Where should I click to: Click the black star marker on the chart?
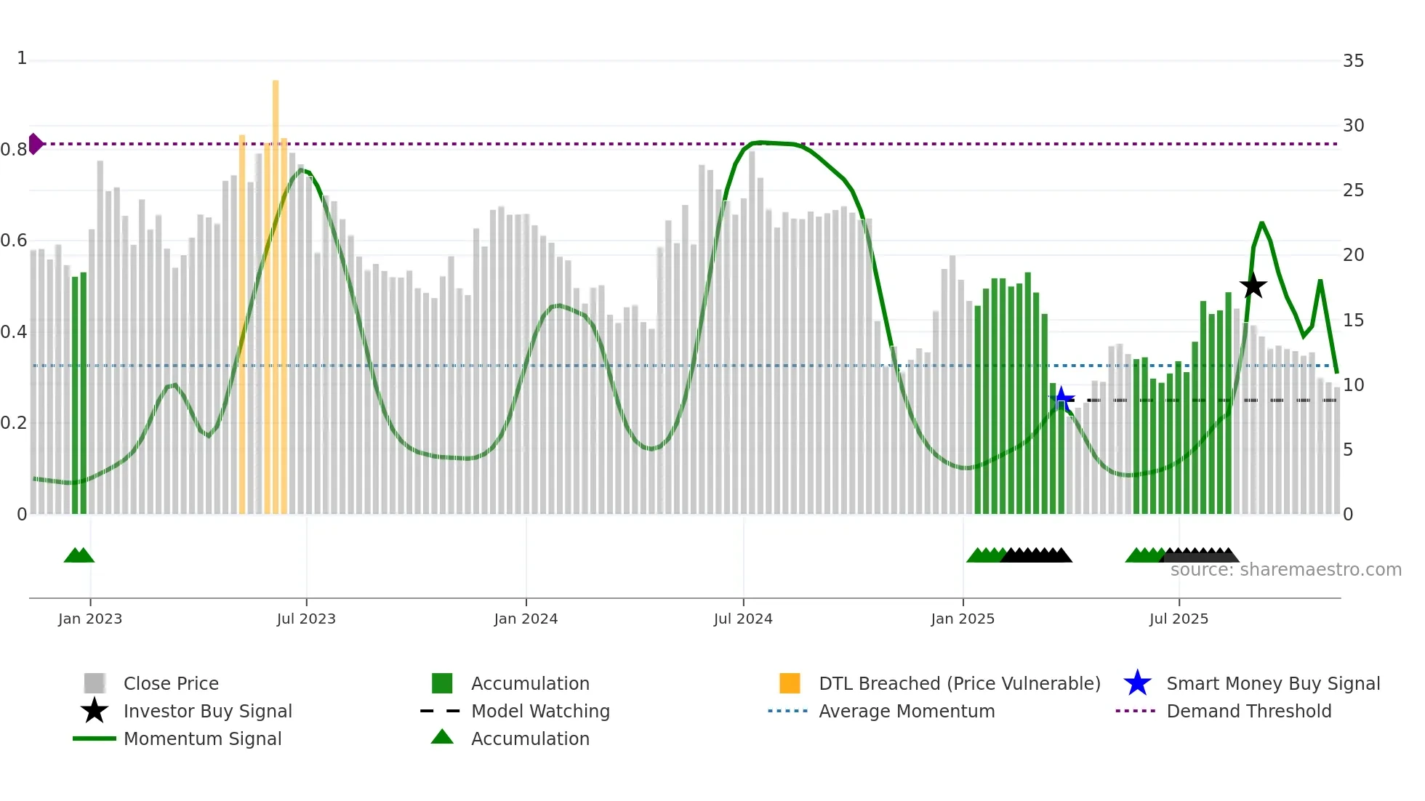click(1253, 286)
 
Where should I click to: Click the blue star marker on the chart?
click(1061, 399)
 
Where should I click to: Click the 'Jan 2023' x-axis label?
click(90, 619)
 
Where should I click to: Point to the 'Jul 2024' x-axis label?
click(743, 619)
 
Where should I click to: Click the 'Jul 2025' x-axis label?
click(1179, 619)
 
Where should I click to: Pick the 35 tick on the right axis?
click(1353, 61)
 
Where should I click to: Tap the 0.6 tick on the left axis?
click(15, 241)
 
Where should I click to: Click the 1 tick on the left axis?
click(22, 58)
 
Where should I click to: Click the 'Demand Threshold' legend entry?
click(1248, 711)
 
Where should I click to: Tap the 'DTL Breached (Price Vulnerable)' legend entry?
click(959, 683)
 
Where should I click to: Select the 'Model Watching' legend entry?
click(540, 711)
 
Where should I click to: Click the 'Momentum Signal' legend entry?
click(202, 738)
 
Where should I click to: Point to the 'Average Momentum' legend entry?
click(907, 711)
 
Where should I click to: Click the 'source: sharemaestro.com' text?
click(1285, 570)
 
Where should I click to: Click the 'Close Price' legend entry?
click(171, 683)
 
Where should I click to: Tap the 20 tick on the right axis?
click(1353, 255)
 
